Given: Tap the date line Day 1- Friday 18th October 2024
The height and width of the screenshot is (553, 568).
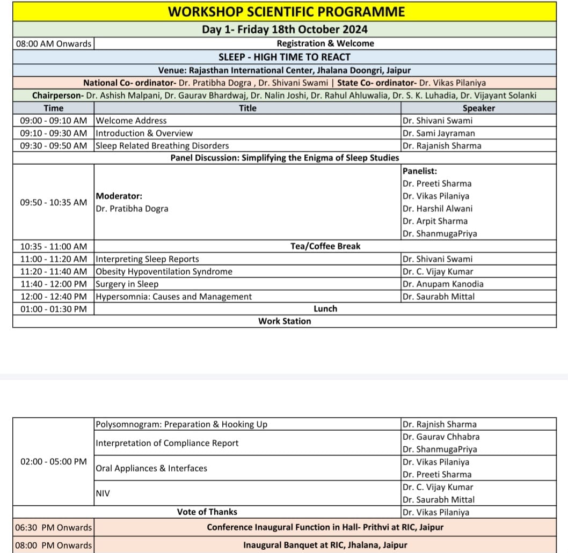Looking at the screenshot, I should click(x=285, y=30).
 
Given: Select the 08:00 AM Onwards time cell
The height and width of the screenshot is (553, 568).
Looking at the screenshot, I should click(x=54, y=43).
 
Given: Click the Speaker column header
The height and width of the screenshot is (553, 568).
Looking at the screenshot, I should click(x=478, y=108).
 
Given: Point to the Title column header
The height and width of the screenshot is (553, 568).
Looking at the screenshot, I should click(x=247, y=108).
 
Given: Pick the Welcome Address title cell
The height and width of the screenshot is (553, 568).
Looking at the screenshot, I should click(x=131, y=121).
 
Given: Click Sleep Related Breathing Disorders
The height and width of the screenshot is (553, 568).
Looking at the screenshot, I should click(x=162, y=145).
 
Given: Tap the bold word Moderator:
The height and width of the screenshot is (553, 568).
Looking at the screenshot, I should click(x=119, y=196).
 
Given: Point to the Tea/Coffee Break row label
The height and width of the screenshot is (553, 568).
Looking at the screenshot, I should click(x=325, y=246).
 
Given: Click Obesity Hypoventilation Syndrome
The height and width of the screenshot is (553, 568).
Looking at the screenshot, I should click(x=164, y=271).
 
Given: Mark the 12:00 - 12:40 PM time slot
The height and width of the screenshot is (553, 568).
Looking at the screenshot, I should click(x=53, y=297).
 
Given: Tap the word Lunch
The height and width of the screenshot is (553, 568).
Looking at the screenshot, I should click(x=325, y=308).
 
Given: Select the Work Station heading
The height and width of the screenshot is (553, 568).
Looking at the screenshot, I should click(x=285, y=321).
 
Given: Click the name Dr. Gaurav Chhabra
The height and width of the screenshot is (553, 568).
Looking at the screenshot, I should click(x=441, y=437).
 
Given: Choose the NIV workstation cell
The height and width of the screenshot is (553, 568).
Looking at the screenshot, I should click(x=103, y=493).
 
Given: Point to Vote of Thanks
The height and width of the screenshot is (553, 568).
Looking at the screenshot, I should click(x=207, y=512).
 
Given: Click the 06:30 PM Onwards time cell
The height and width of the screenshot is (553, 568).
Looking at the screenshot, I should click(x=53, y=527).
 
